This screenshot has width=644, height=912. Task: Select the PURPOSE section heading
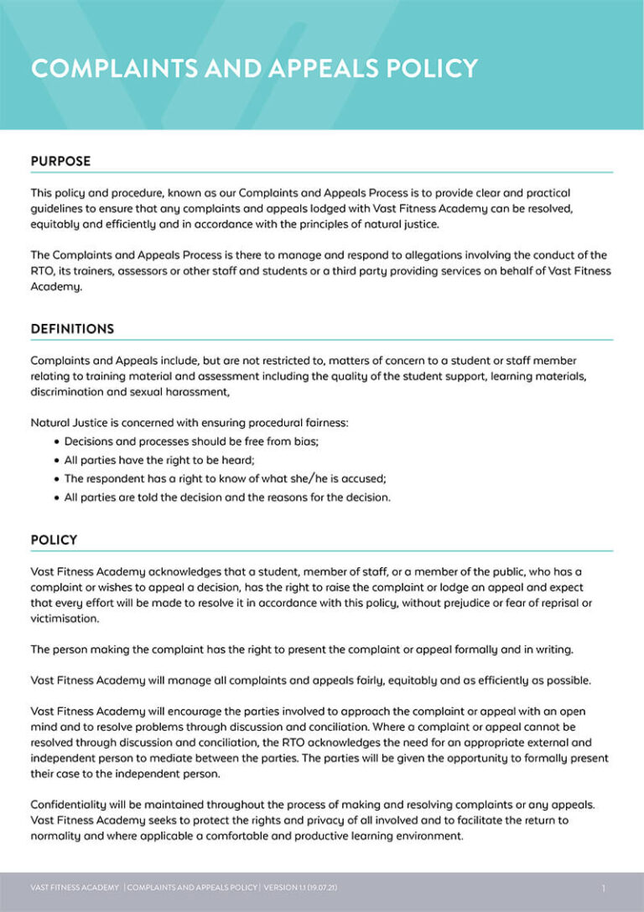pos(60,161)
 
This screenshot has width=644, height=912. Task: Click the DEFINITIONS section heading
pos(72,329)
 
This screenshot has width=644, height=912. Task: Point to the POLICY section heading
pos(54,540)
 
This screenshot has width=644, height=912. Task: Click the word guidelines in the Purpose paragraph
pos(60,208)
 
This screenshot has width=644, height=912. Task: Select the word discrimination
pos(69,392)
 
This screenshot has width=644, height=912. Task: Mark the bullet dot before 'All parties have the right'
pos(56,460)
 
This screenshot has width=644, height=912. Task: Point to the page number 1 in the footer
pos(603,888)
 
